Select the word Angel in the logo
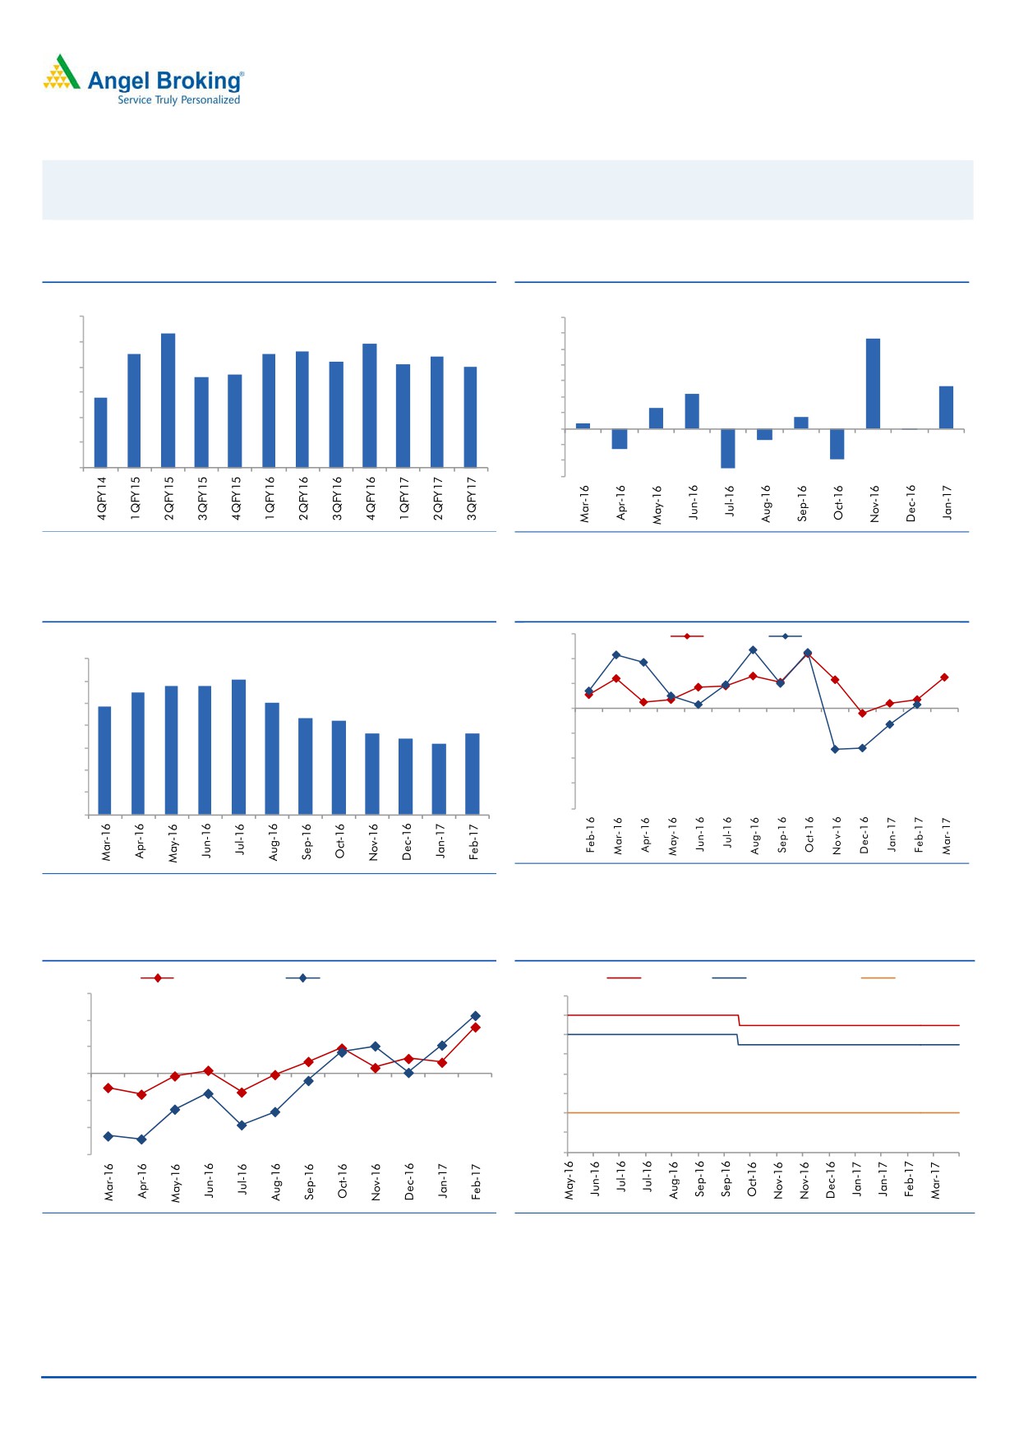(118, 81)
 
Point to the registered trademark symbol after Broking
(242, 73)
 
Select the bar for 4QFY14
(101, 432)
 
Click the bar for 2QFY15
(168, 400)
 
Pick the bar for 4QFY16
(370, 405)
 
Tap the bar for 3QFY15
(201, 422)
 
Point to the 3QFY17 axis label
(472, 498)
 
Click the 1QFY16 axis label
(270, 498)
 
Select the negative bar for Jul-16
(728, 448)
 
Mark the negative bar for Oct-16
(837, 444)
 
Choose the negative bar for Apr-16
(620, 439)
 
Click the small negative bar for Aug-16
(764, 434)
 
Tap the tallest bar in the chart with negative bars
(873, 383)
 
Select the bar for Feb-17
(473, 774)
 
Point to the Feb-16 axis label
(591, 834)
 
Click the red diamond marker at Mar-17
(944, 677)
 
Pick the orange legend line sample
(878, 978)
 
